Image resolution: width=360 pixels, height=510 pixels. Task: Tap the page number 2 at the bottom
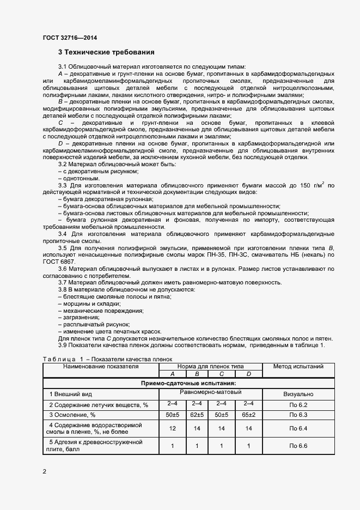(44, 471)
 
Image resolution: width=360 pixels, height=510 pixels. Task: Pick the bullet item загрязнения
(79, 318)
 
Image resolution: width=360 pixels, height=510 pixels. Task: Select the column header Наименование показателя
(101, 367)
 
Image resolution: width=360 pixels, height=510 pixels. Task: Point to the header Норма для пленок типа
(210, 367)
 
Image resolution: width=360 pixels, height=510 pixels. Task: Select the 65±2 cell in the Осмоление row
(248, 415)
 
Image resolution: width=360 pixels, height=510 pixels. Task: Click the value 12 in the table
(172, 429)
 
